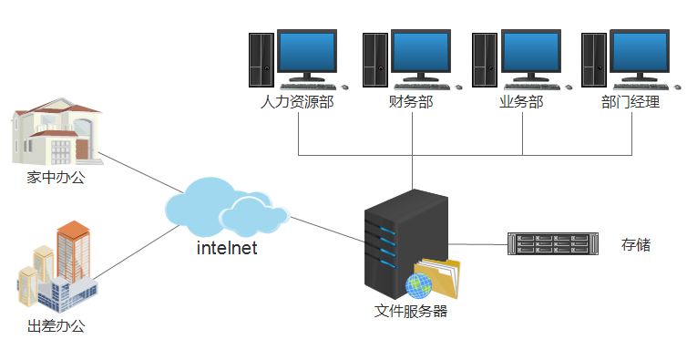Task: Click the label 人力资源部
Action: point(297,102)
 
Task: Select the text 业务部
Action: point(521,102)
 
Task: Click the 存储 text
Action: point(636,244)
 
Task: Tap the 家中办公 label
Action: point(56,178)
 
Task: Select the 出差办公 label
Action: point(56,325)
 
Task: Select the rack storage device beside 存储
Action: point(553,244)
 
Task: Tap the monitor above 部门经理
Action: point(641,53)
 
